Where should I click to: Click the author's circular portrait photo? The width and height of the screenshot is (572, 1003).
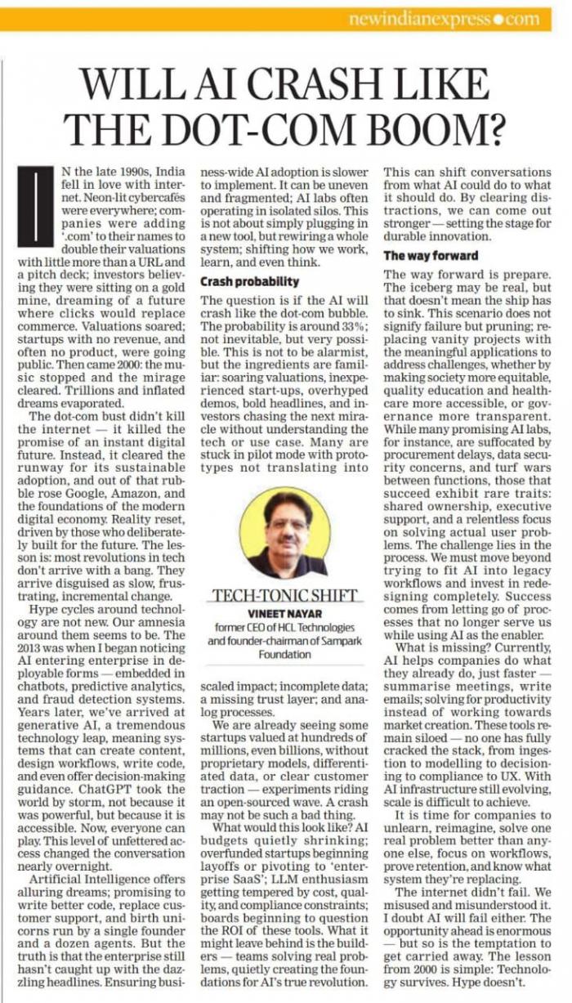pos(287,532)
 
